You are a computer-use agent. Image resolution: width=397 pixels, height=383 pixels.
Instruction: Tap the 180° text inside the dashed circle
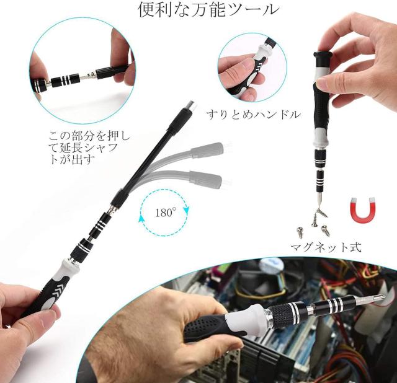[166, 213]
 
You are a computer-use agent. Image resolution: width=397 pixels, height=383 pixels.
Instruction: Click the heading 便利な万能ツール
[208, 10]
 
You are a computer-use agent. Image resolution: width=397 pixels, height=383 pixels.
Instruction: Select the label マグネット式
[326, 247]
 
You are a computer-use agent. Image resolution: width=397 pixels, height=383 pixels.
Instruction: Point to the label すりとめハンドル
[254, 115]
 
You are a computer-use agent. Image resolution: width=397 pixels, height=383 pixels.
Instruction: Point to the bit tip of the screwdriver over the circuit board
[380, 298]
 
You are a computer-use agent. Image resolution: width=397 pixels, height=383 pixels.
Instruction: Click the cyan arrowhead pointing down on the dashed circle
[186, 210]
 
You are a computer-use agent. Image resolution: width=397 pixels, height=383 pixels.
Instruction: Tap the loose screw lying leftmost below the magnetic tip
[300, 232]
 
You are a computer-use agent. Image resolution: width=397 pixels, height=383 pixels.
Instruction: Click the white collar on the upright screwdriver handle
[321, 138]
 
